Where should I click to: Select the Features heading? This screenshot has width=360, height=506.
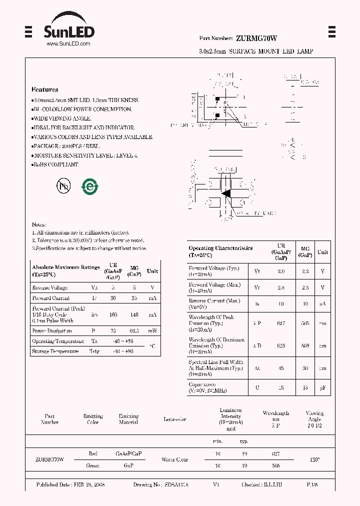pos(44,90)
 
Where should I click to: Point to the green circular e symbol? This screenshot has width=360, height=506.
pos(90,186)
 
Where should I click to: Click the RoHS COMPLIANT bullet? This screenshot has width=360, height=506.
pos(55,164)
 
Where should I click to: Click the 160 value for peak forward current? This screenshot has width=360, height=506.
pos(112,315)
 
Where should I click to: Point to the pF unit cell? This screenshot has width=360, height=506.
pos(322,387)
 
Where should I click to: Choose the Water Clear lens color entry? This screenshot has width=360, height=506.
pos(174,459)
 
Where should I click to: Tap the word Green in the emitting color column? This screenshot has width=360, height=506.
pos(92,465)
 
